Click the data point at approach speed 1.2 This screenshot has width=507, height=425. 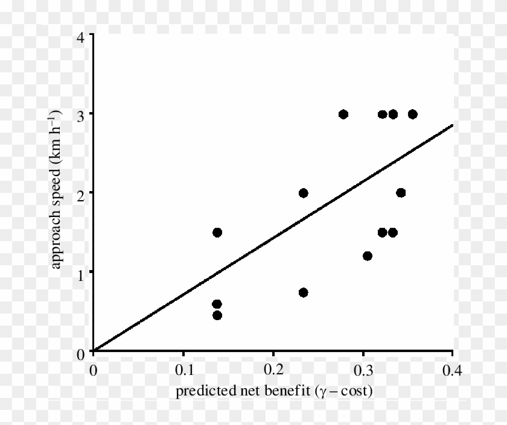pos(367,256)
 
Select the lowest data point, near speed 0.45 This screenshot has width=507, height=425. pos(217,315)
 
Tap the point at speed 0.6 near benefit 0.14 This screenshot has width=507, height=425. pos(217,304)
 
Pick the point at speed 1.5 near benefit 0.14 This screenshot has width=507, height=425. pos(217,232)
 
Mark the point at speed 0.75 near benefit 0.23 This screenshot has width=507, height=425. pos(303,292)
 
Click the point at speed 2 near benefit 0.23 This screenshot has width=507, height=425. pos(303,193)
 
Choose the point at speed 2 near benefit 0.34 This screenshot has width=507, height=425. pos(401,193)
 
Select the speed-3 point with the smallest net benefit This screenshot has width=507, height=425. pos(343,114)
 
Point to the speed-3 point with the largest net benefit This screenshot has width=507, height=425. pos(413,114)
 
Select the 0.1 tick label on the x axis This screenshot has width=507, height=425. pos(183,369)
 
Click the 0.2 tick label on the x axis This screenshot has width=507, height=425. pos(273,369)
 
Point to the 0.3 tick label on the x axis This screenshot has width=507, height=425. pos(363,369)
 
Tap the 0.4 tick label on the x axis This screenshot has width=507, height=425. pos(452,369)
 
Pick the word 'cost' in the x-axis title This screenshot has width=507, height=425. pos(354,392)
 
